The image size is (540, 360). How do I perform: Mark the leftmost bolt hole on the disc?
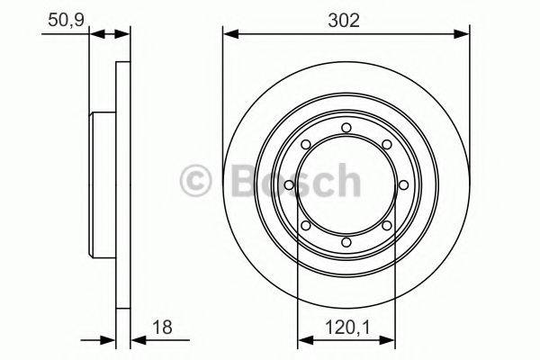[288, 184]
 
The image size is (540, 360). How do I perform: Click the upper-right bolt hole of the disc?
[388, 144]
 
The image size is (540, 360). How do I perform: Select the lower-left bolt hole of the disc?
[305, 226]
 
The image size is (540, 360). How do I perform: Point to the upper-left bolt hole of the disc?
[305, 144]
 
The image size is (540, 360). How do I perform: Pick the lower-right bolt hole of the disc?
[388, 226]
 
